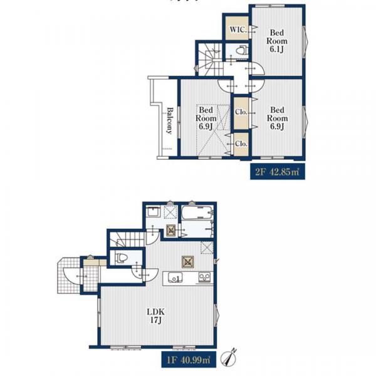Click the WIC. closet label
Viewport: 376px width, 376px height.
click(238, 29)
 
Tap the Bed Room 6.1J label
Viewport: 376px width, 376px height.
click(277, 41)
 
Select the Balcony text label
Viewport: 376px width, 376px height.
click(170, 120)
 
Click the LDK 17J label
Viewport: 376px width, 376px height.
click(155, 316)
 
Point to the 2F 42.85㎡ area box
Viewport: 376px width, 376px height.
click(278, 172)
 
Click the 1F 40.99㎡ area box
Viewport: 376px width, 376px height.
click(189, 360)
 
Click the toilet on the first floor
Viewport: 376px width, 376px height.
click(121, 258)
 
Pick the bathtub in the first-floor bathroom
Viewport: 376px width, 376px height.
click(197, 212)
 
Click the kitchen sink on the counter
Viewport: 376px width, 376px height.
click(175, 278)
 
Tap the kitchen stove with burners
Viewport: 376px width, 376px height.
click(205, 277)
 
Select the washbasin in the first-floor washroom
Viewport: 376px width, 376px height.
click(154, 212)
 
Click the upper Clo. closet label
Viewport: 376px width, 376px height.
click(241, 112)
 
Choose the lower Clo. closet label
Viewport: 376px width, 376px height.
click(241, 144)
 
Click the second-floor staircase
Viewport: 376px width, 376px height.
click(211, 60)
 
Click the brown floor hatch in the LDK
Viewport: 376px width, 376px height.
click(188, 262)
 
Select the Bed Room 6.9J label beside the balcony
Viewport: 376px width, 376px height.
click(206, 118)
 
